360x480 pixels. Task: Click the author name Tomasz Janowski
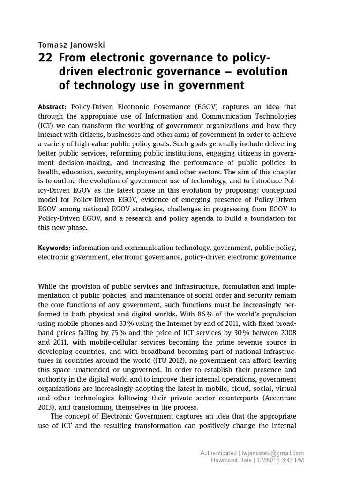click(x=71, y=45)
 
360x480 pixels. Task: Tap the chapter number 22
click(x=45, y=58)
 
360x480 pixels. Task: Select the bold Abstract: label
click(x=52, y=107)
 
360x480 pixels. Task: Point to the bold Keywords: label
click(x=54, y=247)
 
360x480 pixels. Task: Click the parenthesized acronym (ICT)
click(x=47, y=125)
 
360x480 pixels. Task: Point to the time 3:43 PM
click(x=293, y=460)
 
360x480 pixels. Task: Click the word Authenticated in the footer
click(x=218, y=453)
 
